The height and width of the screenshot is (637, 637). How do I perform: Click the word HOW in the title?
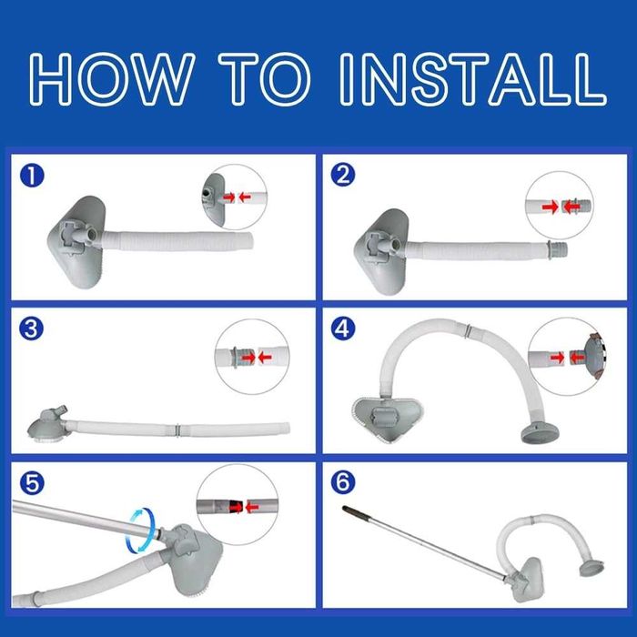[111, 79]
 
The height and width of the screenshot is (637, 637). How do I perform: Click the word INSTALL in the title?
[472, 79]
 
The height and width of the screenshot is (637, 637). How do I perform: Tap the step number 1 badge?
[32, 176]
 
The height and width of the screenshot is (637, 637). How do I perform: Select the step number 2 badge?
[343, 175]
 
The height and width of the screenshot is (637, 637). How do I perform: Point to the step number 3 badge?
[31, 329]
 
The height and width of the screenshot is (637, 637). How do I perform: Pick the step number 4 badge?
[343, 329]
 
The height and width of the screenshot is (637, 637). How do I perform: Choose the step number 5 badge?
[32, 483]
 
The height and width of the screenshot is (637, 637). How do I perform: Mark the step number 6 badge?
[343, 482]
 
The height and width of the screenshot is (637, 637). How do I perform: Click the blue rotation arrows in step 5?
[142, 531]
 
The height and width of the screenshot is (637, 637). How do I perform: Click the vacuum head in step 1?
[76, 242]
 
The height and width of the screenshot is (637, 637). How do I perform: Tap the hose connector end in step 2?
[557, 248]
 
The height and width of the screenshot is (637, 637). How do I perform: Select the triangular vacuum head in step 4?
[388, 420]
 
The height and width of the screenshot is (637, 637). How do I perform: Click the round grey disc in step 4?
[540, 433]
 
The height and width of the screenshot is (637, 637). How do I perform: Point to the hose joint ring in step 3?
[177, 430]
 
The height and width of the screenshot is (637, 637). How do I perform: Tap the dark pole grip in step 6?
[357, 512]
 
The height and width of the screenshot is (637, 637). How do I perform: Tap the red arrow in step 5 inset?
[252, 507]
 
